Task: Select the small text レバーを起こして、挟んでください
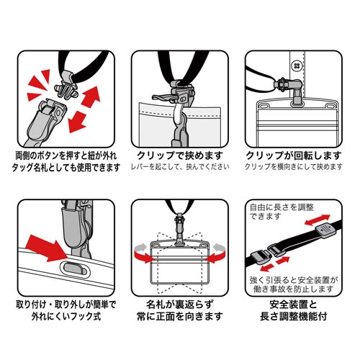click(x=179, y=167)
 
